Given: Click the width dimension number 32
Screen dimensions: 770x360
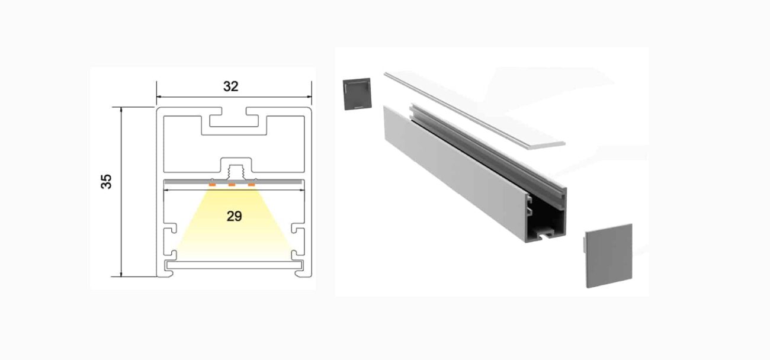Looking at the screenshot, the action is (230, 86).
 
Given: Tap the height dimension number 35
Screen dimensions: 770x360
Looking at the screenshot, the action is (106, 181).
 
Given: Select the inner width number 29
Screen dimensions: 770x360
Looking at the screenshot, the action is (234, 216).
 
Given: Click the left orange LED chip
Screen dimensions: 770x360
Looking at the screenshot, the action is (212, 185).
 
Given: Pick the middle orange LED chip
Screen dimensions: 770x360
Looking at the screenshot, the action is (232, 185).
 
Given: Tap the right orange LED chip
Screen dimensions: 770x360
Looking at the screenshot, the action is (252, 185).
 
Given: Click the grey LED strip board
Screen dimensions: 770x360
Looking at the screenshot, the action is (234, 181).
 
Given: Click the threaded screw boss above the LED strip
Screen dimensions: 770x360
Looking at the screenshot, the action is (236, 171).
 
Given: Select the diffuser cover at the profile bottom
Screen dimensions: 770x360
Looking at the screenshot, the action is (234, 265).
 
